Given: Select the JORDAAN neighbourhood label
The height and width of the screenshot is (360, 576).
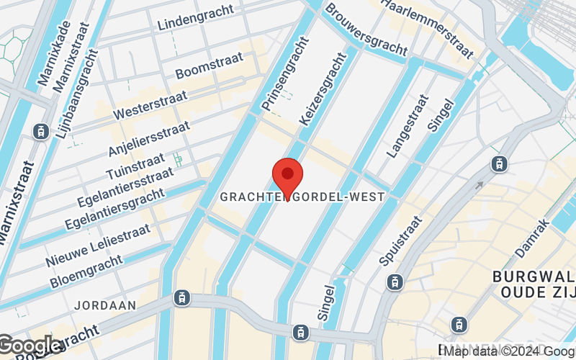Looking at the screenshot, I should [x=105, y=305].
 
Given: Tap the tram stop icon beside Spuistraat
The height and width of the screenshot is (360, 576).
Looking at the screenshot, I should [x=395, y=282].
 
